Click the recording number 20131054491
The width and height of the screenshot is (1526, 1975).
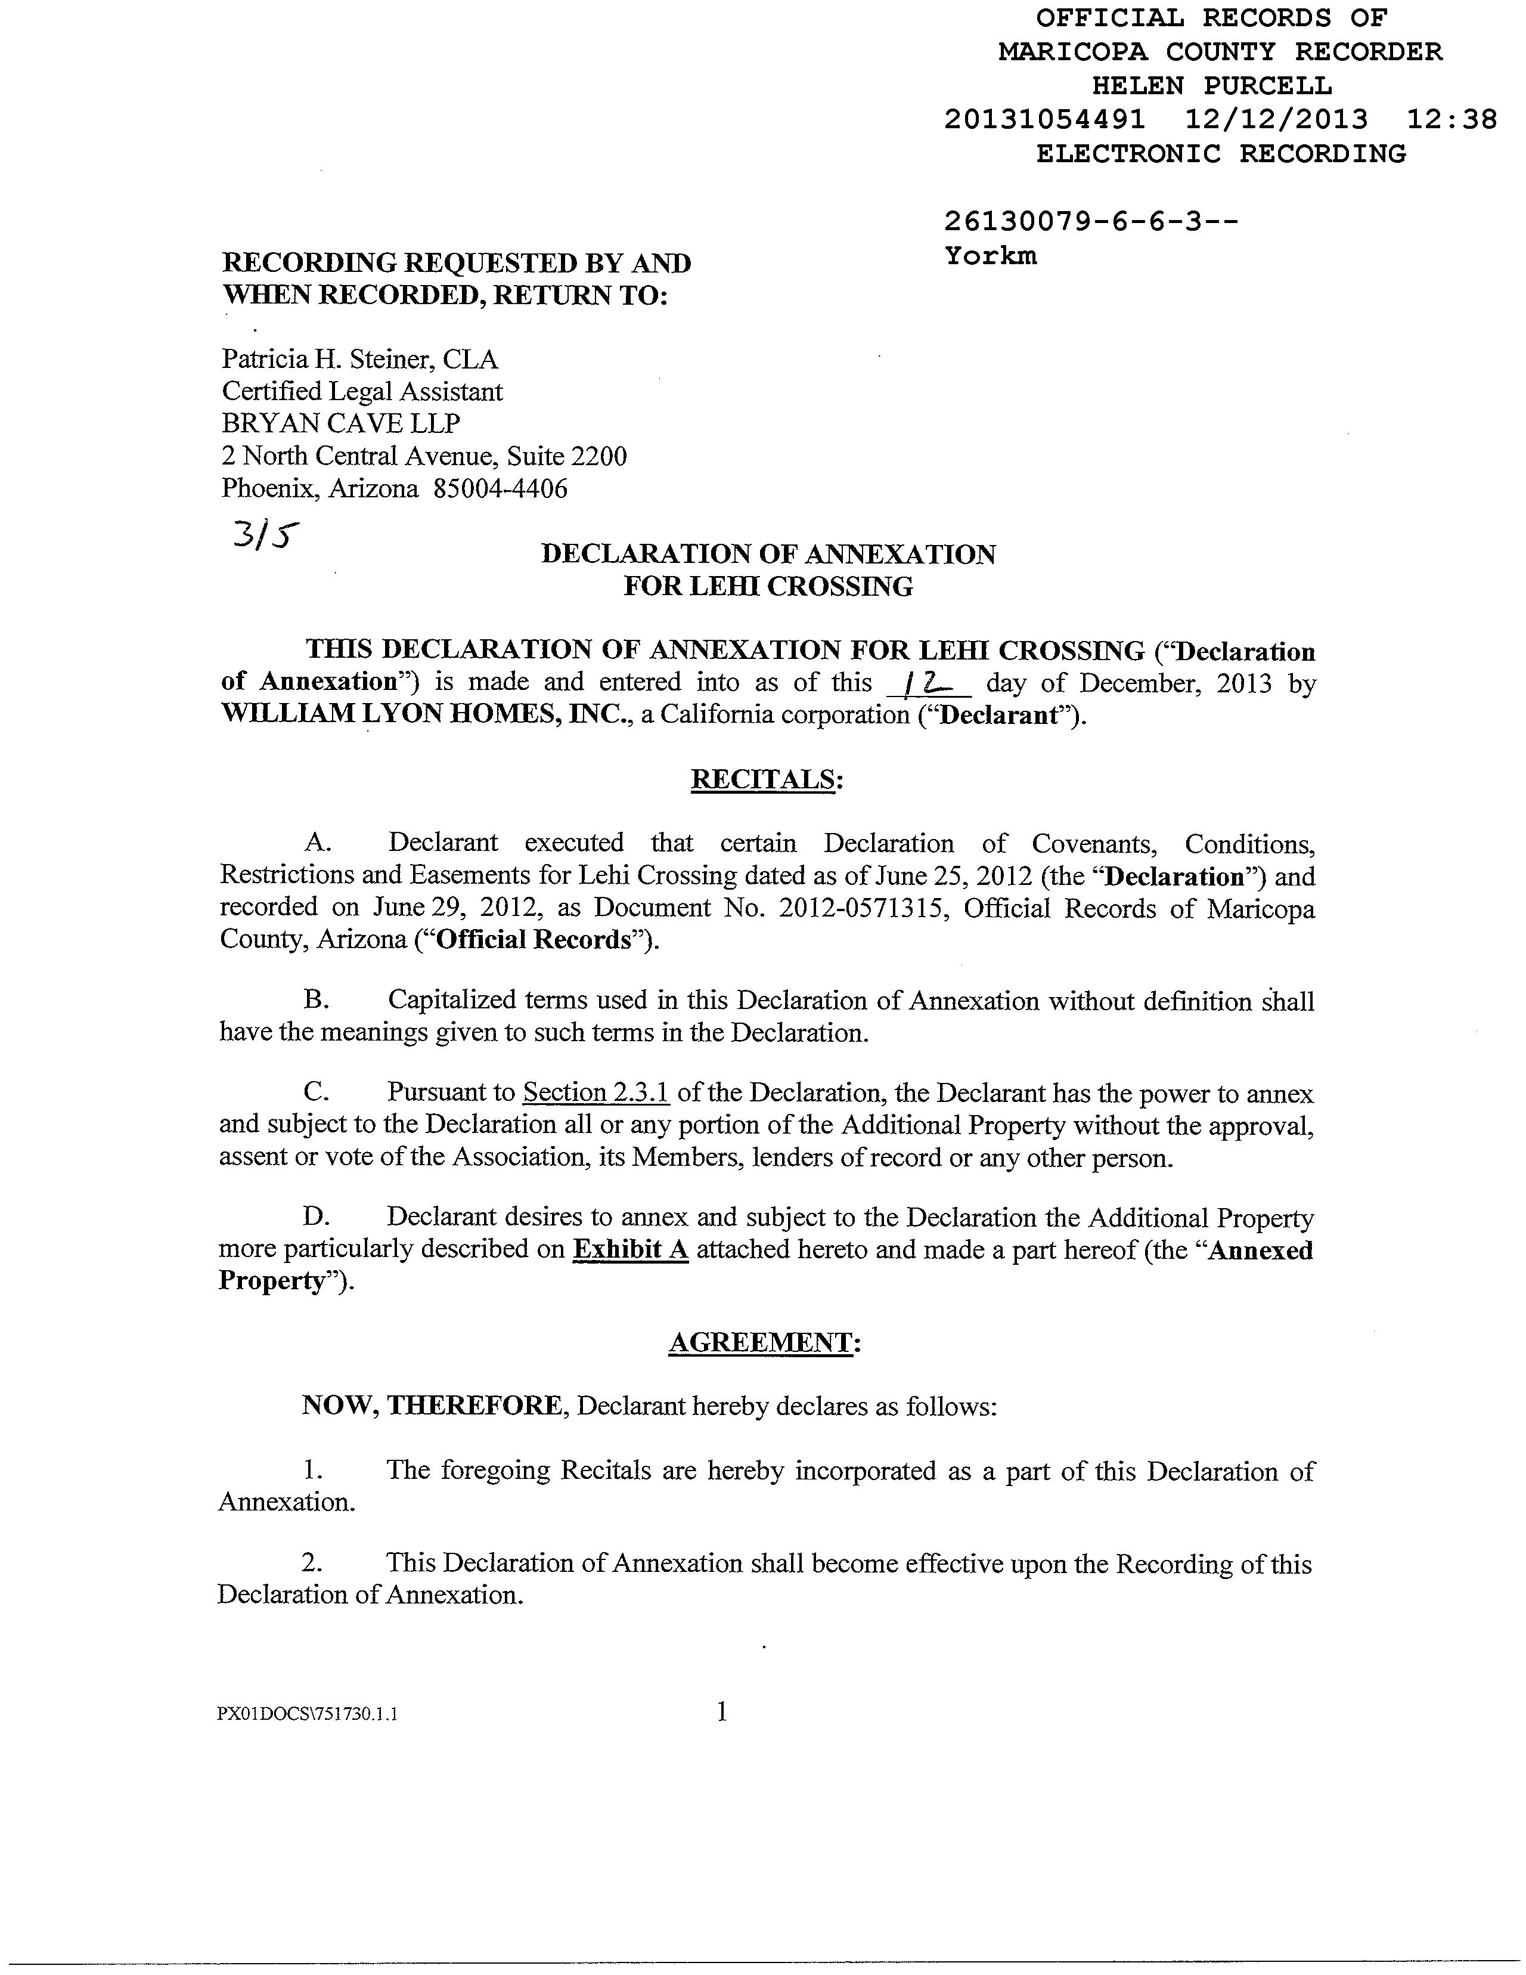pyautogui.click(x=1044, y=119)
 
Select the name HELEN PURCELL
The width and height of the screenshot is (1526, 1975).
pyautogui.click(x=1211, y=86)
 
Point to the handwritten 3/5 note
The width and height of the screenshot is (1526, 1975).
pyautogui.click(x=264, y=537)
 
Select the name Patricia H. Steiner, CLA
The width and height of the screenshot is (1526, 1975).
pyautogui.click(x=360, y=360)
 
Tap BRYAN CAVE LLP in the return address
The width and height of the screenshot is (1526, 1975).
pyautogui.click(x=341, y=423)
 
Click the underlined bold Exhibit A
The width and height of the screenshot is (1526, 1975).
pyautogui.click(x=631, y=1250)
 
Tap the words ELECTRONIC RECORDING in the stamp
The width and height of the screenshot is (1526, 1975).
pyautogui.click(x=1220, y=154)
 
